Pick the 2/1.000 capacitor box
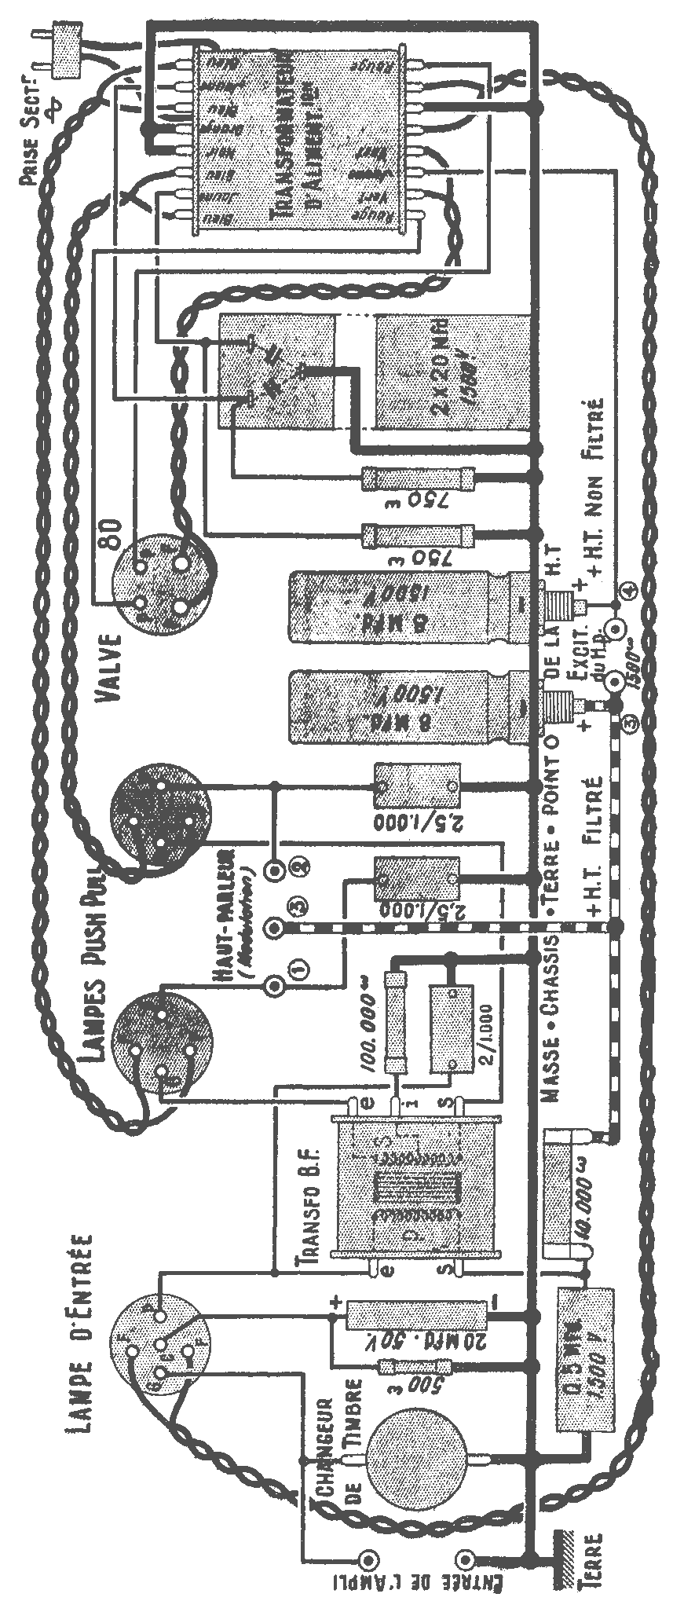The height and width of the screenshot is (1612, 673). point(451,1028)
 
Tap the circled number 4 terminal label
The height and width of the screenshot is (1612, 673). point(627,592)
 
